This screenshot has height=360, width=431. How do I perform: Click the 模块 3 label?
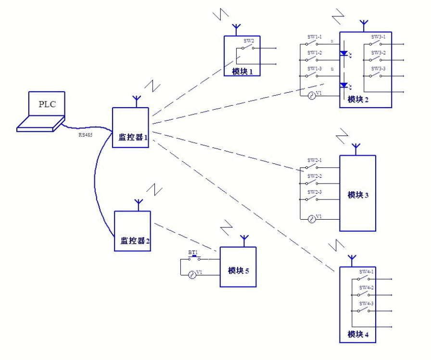click(x=358, y=195)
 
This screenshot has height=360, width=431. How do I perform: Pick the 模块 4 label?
click(x=358, y=334)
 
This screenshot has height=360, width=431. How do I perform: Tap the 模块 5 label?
click(x=238, y=271)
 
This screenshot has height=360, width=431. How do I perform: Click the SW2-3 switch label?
click(x=315, y=192)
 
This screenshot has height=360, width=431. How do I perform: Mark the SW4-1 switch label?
click(x=367, y=272)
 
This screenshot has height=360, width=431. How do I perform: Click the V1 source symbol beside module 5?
click(x=192, y=274)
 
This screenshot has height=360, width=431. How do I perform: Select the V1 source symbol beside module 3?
click(x=311, y=219)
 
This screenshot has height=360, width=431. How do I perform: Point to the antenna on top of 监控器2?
click(x=138, y=204)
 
